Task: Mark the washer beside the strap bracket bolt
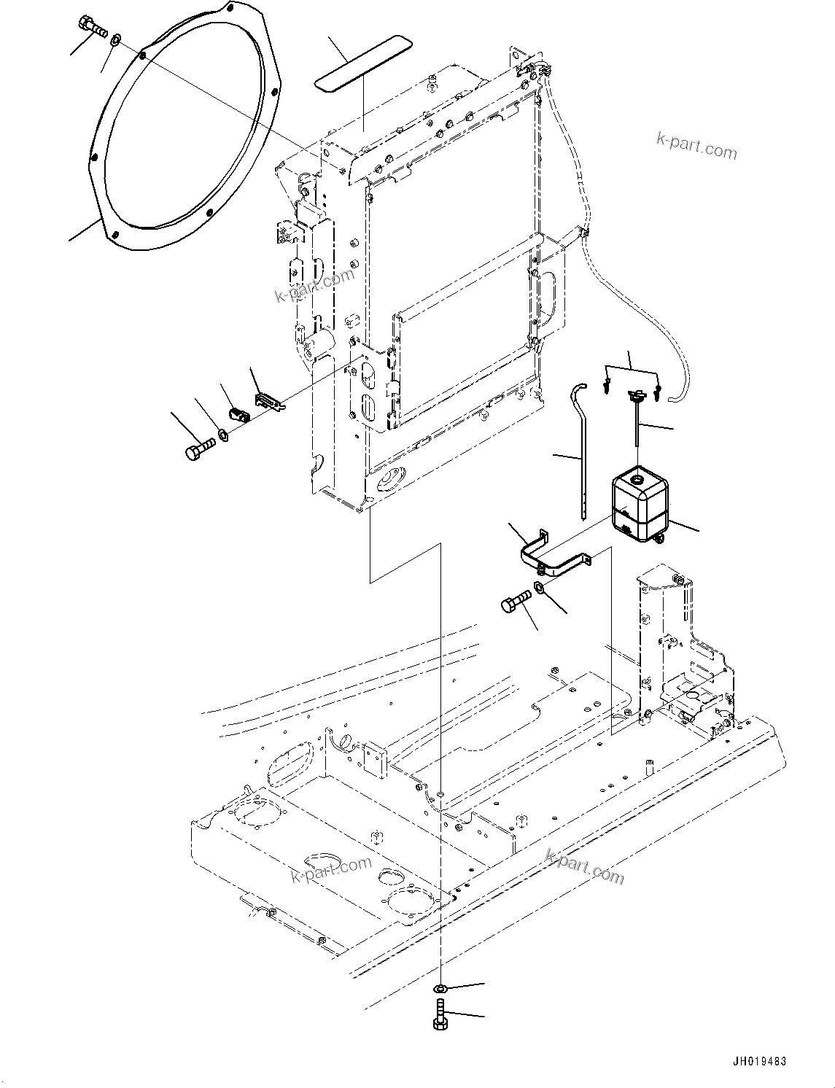[x=539, y=588]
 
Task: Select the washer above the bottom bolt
[x=440, y=989]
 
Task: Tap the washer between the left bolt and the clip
[x=224, y=436]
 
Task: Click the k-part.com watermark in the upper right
[x=696, y=147]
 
